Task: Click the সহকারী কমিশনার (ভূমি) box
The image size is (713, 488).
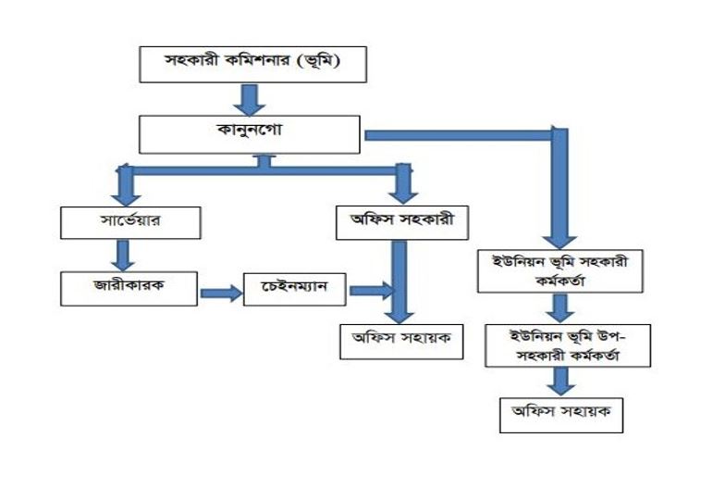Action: click(x=252, y=65)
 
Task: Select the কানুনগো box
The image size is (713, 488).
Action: click(x=249, y=133)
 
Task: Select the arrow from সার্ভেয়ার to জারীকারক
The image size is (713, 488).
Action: click(x=123, y=254)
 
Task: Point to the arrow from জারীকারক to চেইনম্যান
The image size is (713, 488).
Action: click(x=220, y=292)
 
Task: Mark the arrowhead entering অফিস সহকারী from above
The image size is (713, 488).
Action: click(x=402, y=193)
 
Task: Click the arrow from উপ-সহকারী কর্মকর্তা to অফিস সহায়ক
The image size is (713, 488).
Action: click(x=559, y=380)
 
